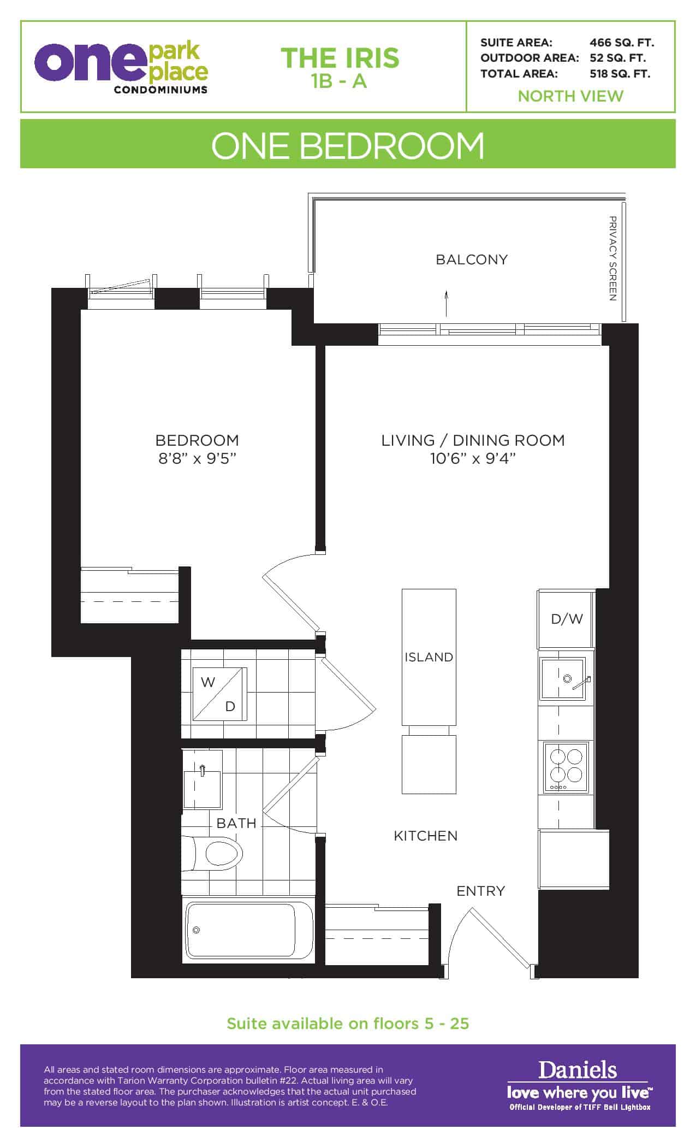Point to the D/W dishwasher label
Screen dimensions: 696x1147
tap(567, 619)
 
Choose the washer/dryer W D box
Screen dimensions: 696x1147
tap(219, 694)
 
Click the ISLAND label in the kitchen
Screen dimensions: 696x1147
tap(429, 657)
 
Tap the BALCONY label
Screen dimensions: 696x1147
tap(472, 259)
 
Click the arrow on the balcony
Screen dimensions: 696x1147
tap(447, 303)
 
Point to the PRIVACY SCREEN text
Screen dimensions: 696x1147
tap(612, 258)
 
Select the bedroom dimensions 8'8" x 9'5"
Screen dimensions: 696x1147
tap(197, 458)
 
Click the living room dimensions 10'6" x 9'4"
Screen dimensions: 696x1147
tap(473, 458)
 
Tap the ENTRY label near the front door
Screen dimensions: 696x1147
tap(481, 891)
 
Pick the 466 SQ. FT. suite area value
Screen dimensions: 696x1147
tap(622, 43)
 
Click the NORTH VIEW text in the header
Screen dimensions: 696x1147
tap(570, 96)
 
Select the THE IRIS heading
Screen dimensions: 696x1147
tap(340, 58)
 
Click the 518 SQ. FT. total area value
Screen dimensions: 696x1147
tap(620, 74)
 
